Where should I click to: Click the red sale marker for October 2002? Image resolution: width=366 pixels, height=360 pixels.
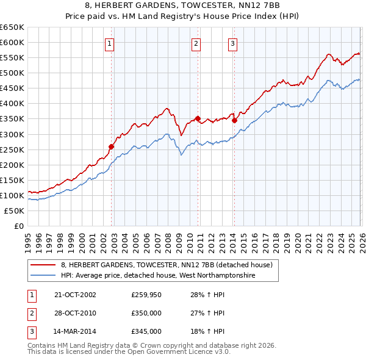pos(112,146)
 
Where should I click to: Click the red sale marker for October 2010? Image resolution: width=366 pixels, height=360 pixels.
pos(198,118)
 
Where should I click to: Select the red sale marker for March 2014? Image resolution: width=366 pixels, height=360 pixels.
pos(234,120)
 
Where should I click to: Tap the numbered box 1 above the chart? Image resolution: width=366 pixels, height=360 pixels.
pos(109,43)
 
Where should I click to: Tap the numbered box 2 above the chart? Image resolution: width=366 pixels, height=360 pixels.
pos(196,43)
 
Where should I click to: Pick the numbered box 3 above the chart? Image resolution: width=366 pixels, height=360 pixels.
pos(233,43)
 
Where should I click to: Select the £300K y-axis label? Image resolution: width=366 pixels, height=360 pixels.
pos(12,134)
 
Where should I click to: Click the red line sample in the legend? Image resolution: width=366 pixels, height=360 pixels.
pos(43,265)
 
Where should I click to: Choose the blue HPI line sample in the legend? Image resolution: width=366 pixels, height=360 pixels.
pos(43,276)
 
